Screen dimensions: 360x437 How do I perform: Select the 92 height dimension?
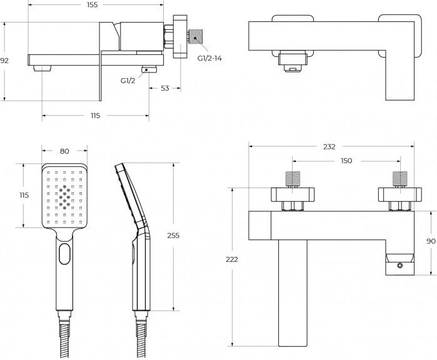point(4,61)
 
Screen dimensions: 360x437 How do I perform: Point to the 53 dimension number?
point(164,89)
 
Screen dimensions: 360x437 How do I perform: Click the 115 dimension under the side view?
point(95,116)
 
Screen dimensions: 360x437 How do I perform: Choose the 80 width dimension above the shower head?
point(64,151)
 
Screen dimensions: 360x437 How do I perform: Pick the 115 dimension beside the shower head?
point(24,195)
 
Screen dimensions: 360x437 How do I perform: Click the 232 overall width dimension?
point(329,147)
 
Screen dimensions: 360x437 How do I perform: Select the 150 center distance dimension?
point(346,161)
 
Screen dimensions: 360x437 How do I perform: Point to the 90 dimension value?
point(431,241)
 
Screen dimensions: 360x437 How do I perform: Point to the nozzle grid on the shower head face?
point(64,196)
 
